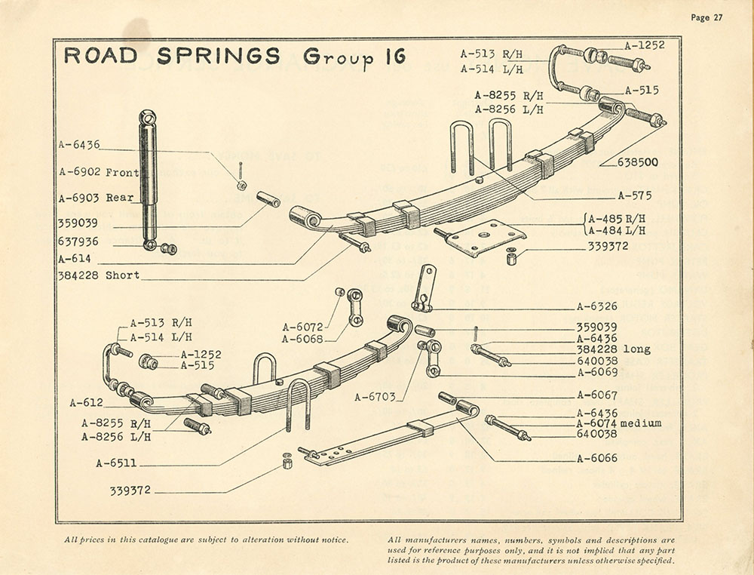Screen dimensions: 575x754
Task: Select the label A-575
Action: pyautogui.click(x=635, y=195)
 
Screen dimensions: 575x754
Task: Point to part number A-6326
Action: pyautogui.click(x=597, y=306)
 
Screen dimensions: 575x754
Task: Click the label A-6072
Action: pyautogui.click(x=303, y=327)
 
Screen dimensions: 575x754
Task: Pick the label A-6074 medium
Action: pyautogui.click(x=618, y=423)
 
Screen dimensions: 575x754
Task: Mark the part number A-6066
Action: pyautogui.click(x=597, y=458)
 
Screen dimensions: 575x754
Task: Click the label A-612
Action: pyautogui.click(x=85, y=402)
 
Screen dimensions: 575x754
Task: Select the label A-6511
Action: pyautogui.click(x=116, y=463)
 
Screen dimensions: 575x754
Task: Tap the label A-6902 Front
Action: pyautogui.click(x=99, y=172)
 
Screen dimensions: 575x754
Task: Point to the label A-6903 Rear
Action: pyautogui.click(x=96, y=198)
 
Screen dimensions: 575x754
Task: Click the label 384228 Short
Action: pyautogui.click(x=98, y=275)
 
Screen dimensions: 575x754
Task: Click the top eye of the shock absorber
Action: pyautogui.click(x=148, y=117)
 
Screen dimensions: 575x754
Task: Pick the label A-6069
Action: pyautogui.click(x=597, y=372)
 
